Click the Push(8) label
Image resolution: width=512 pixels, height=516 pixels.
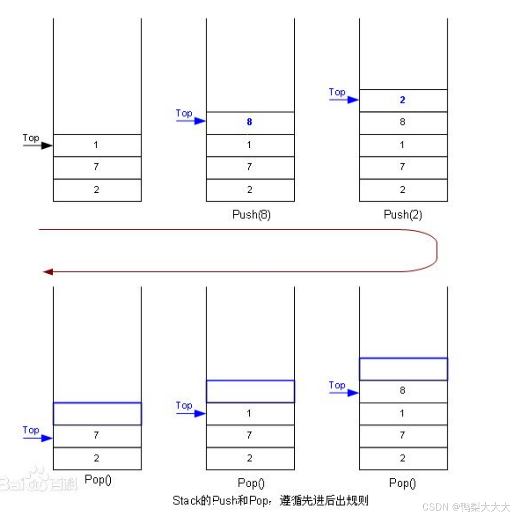pos(251,214)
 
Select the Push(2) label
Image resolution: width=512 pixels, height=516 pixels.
pos(403,214)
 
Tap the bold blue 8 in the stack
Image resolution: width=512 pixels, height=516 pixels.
pos(249,122)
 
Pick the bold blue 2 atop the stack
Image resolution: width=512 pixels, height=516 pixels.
pos(402,100)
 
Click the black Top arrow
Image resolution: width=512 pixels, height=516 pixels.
pos(38,146)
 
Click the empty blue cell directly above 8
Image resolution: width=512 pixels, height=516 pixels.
pos(403,369)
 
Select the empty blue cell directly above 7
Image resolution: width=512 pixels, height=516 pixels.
pos(97,414)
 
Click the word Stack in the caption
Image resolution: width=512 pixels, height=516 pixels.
pos(186,500)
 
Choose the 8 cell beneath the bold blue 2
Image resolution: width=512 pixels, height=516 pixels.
pos(403,122)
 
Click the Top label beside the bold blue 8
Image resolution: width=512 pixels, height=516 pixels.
pos(184,113)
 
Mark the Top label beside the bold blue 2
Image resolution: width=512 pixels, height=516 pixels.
pos(337,92)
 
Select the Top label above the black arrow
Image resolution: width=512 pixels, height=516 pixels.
pos(31,138)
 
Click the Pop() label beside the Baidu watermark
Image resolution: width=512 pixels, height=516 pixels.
pos(98,479)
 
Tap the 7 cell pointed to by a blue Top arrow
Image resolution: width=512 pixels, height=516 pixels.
pos(97,435)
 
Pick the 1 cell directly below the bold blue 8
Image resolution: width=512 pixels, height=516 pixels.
pos(249,145)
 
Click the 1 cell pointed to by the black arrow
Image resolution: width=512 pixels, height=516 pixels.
pos(96,145)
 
